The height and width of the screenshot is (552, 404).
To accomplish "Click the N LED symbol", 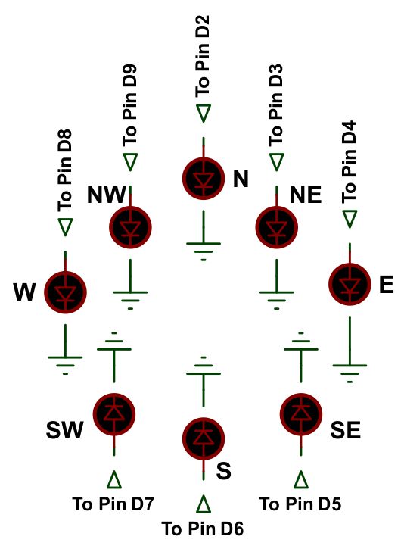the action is pos(204,179).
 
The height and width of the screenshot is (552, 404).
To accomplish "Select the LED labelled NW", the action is pos(130,227).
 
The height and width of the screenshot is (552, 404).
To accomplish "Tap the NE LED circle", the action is pos(277,227).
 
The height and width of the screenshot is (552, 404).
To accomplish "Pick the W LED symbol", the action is pos(65,292).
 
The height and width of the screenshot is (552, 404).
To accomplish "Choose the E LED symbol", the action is pos(350,284).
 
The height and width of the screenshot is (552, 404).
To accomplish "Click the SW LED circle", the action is pos(114,414).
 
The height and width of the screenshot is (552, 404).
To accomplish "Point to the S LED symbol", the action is pos(204,438).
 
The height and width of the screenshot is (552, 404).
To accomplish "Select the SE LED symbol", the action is pos(301,414).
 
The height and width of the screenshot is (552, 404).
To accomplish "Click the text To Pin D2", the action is pos(203,56).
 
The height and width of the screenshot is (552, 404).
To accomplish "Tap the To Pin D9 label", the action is pos(129,105).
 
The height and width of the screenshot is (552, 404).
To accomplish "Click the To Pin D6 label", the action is pos(203,529).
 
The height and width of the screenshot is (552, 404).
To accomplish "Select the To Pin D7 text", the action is pos(113,504).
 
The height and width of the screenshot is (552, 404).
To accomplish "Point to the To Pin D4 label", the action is pos(349,162).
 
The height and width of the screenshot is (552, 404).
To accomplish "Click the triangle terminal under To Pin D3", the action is pos(276,162).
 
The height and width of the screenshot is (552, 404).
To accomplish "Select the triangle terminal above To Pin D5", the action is pos(301,479).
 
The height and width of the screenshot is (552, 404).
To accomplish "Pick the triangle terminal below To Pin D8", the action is pos(65,227).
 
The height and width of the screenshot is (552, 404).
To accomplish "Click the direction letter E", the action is pos(386,285).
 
